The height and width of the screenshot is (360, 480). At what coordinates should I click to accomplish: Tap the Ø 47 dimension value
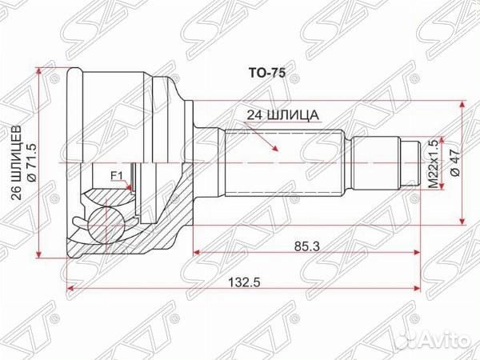click(x=454, y=163)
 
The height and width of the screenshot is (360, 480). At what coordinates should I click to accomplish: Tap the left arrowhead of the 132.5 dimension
click(x=71, y=286)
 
